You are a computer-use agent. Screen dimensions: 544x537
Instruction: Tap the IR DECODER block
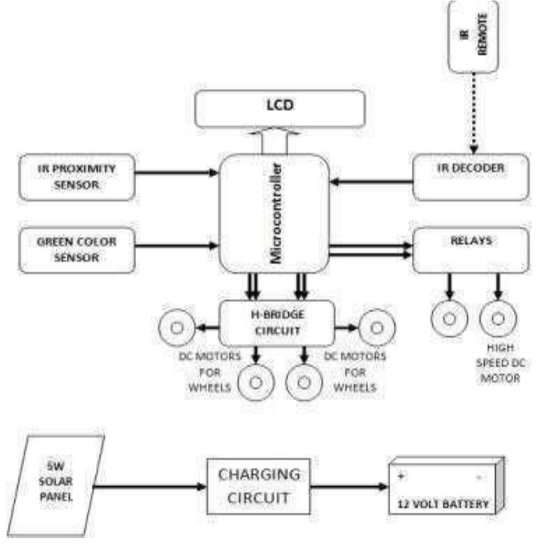(x=471, y=176)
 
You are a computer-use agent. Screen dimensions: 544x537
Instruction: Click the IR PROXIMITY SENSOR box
(x=77, y=176)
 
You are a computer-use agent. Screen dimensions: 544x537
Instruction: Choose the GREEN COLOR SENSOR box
(x=77, y=250)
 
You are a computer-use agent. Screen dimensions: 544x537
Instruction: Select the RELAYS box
(x=471, y=249)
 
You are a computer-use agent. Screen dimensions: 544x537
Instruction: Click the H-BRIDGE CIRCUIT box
(x=276, y=323)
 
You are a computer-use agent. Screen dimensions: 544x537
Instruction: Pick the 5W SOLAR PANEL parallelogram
(x=56, y=485)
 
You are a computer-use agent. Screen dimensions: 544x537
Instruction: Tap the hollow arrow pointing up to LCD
(x=274, y=143)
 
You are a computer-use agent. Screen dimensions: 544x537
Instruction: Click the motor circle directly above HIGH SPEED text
(x=498, y=318)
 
